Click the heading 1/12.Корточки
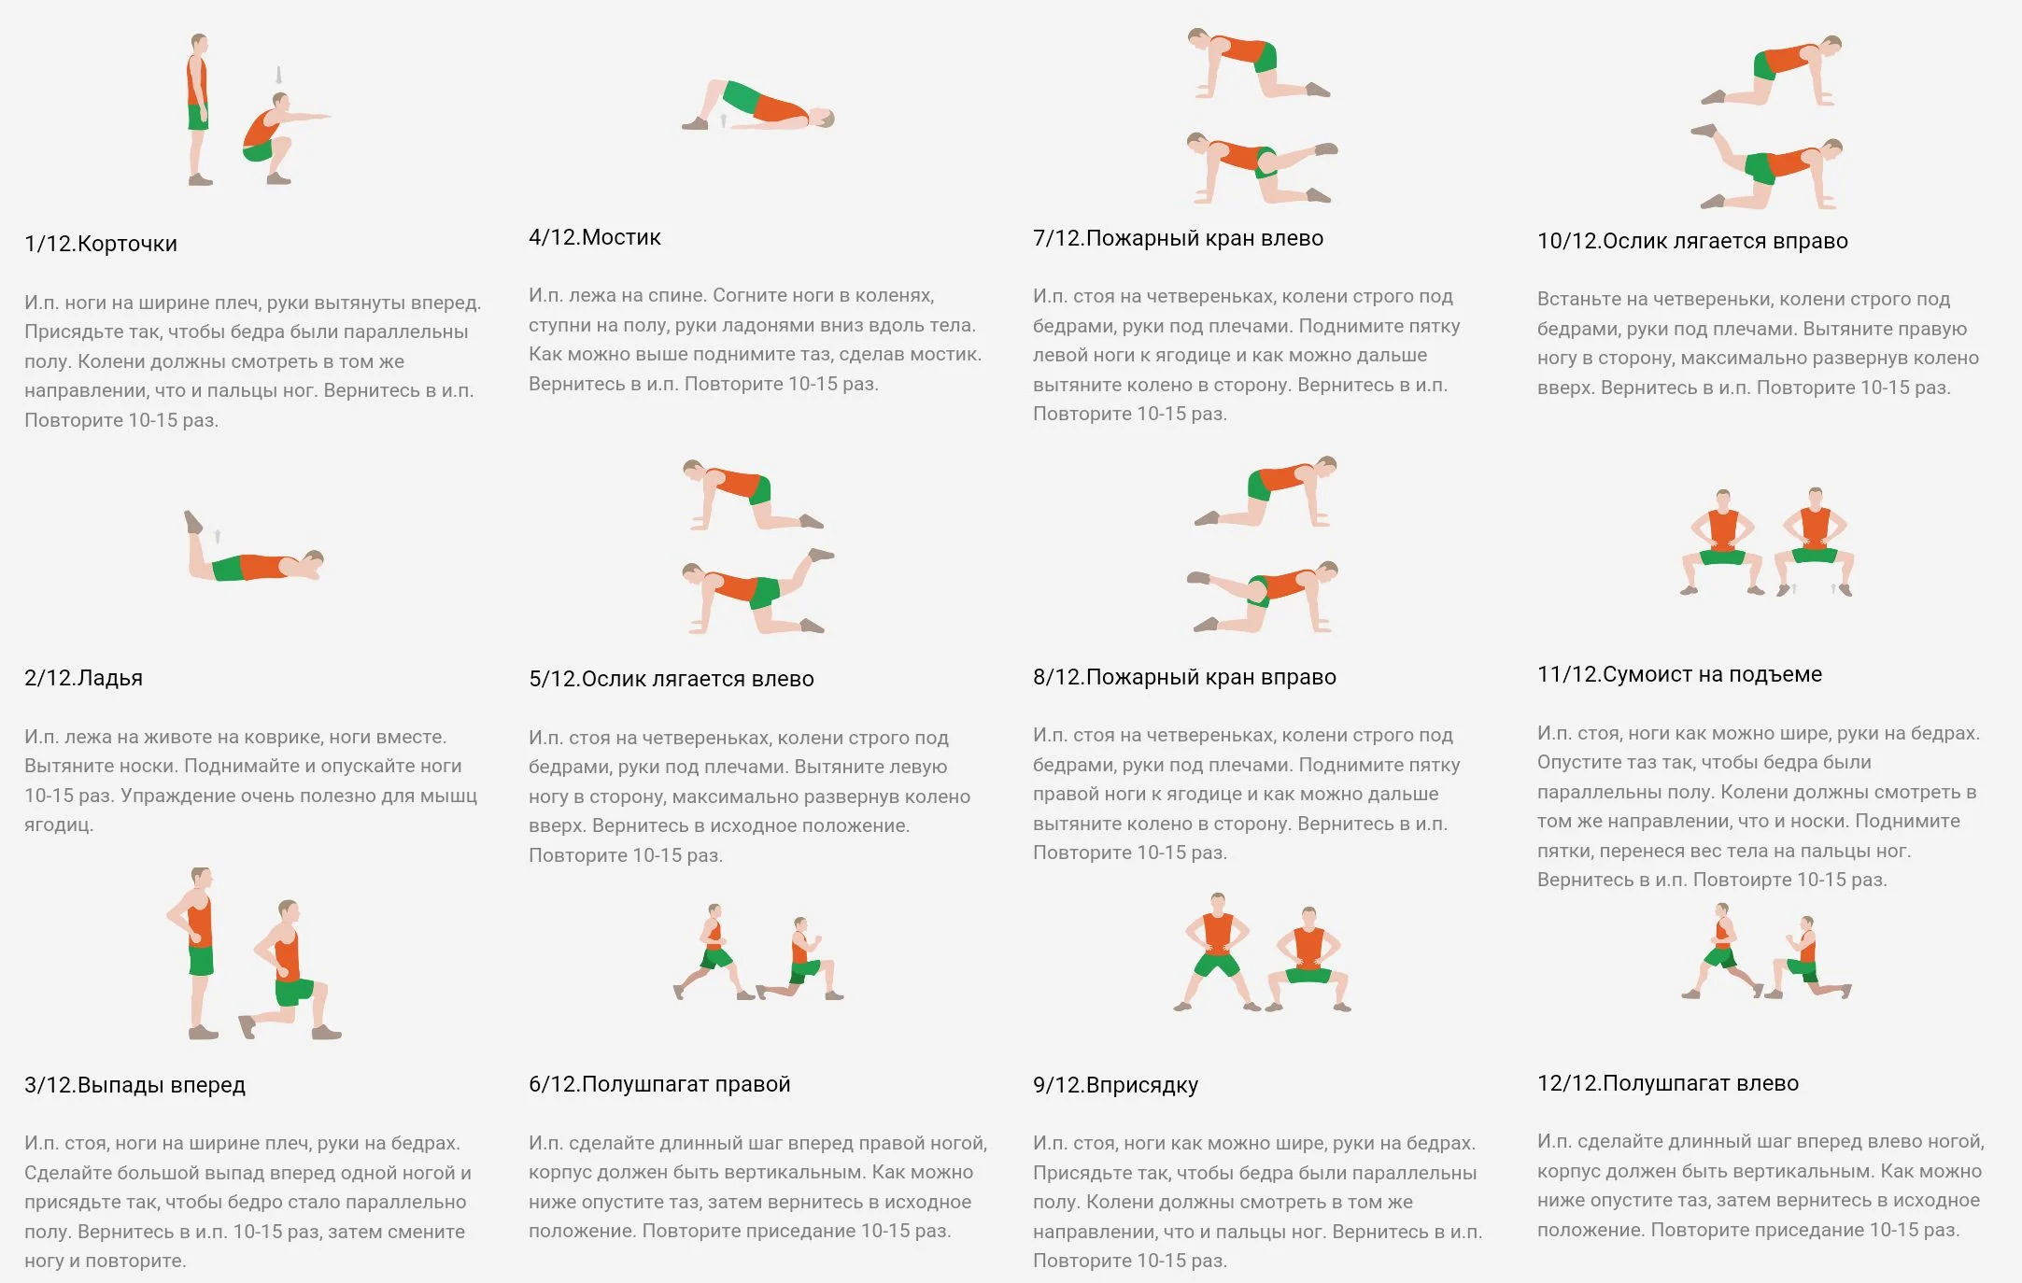[x=101, y=244]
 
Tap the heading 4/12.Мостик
[x=595, y=237]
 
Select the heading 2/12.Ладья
[x=84, y=678]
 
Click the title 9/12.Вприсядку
[x=1116, y=1085]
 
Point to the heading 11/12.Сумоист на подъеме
[x=1680, y=674]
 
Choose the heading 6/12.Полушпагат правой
[x=659, y=1084]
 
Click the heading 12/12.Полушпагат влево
[x=1668, y=1083]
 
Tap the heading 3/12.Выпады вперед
[x=135, y=1085]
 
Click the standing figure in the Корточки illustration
[x=198, y=109]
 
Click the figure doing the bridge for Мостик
[x=757, y=106]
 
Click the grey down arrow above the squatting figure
[x=278, y=76]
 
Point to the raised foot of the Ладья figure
[x=192, y=521]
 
